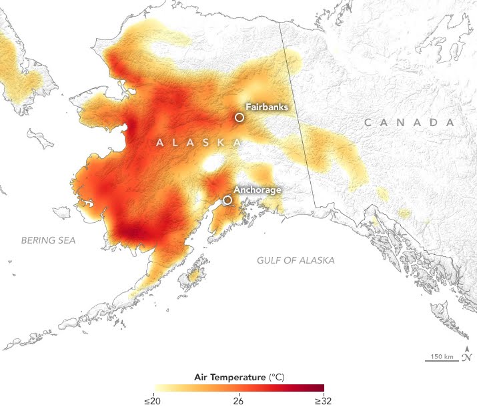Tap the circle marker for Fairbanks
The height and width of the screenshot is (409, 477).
coord(240,117)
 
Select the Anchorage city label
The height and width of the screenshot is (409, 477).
coord(258,189)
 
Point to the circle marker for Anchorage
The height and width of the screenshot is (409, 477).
coord(227,199)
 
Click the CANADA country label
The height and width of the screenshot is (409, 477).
coord(409,123)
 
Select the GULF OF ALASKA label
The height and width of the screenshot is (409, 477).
coord(296,260)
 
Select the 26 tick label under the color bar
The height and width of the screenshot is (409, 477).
coord(238,400)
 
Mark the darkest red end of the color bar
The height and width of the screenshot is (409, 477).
coord(320,388)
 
